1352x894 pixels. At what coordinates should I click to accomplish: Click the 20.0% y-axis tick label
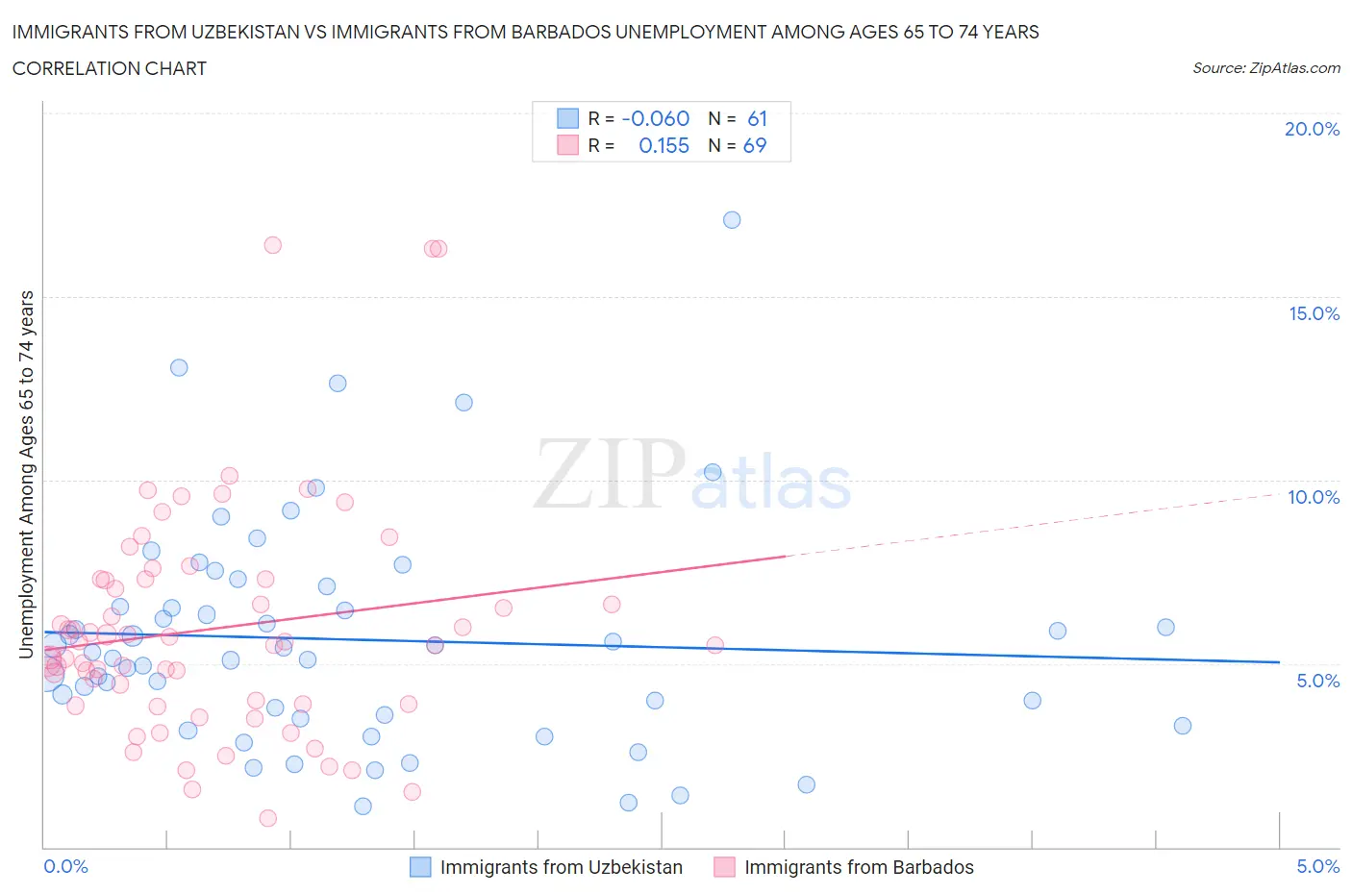(x=1312, y=129)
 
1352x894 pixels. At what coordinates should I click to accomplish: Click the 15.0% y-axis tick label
(x=1314, y=313)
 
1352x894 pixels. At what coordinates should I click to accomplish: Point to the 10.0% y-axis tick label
(x=1314, y=497)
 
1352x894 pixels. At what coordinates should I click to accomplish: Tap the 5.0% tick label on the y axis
(x=1317, y=681)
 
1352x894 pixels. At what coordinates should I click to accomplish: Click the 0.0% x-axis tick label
(x=65, y=866)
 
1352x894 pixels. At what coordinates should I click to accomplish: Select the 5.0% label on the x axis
(x=1317, y=866)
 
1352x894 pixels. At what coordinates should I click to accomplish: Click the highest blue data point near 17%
(x=732, y=220)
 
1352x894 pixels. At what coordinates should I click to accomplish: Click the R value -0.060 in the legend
(x=655, y=118)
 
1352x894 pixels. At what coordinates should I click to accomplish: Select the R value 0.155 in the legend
(x=663, y=145)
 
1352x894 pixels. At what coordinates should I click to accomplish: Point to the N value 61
(x=757, y=118)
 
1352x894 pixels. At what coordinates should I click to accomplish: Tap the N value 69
(x=755, y=145)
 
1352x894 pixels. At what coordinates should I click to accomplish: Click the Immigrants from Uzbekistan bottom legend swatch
(x=420, y=867)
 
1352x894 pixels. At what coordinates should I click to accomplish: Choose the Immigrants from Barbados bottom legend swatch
(x=724, y=867)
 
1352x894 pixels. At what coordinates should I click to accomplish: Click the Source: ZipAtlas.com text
(x=1265, y=67)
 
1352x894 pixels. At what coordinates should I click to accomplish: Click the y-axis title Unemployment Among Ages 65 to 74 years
(x=27, y=474)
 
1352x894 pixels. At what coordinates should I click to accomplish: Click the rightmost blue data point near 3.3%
(x=1183, y=726)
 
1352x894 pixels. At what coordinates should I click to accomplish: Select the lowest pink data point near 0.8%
(x=268, y=818)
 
